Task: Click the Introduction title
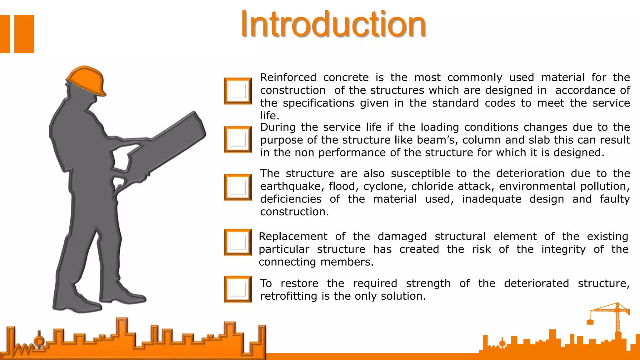(333, 24)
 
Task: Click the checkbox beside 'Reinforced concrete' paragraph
(238, 91)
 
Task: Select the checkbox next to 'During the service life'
(238, 139)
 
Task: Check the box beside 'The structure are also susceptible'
(238, 187)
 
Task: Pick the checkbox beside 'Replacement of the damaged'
(238, 242)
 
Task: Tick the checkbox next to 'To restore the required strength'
(238, 289)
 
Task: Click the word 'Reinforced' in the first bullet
(288, 77)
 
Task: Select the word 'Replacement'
(293, 236)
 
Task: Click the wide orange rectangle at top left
(24, 34)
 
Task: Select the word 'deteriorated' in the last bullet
(536, 283)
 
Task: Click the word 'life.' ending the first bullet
(270, 116)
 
